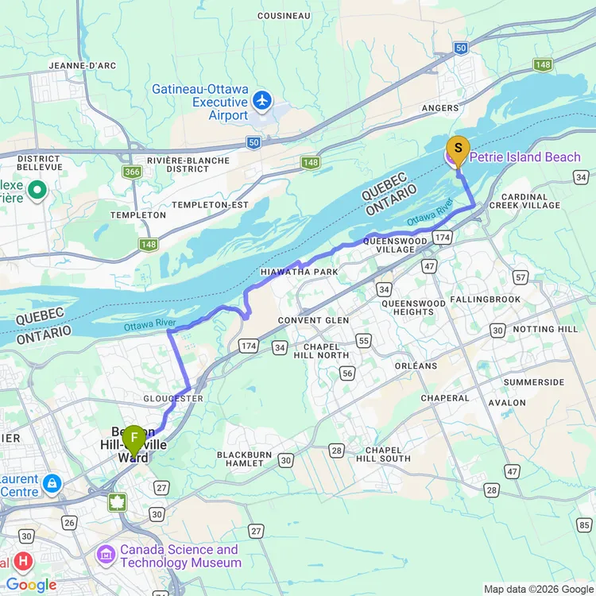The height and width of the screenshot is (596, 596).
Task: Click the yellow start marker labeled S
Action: tap(457, 149)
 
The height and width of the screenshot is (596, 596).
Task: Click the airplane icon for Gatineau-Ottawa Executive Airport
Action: tap(261, 101)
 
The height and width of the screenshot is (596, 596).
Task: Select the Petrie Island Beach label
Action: tap(524, 157)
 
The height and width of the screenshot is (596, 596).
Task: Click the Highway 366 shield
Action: tap(132, 172)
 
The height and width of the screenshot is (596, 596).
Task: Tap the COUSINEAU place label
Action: tap(284, 15)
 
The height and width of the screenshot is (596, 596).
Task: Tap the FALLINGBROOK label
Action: tap(485, 299)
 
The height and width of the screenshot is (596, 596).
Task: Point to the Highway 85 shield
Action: tap(586, 524)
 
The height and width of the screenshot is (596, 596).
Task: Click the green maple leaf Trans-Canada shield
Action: tap(118, 501)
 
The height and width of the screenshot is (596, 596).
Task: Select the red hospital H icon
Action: tap(23, 562)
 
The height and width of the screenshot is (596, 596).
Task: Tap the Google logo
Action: tap(31, 585)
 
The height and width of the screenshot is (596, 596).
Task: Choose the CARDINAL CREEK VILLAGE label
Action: tap(524, 200)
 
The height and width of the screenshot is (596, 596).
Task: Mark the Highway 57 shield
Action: tap(521, 277)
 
